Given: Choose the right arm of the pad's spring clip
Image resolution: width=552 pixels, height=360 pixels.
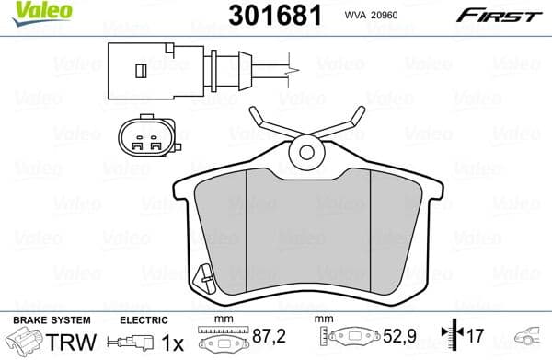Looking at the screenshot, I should pyautogui.click(x=345, y=119).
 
